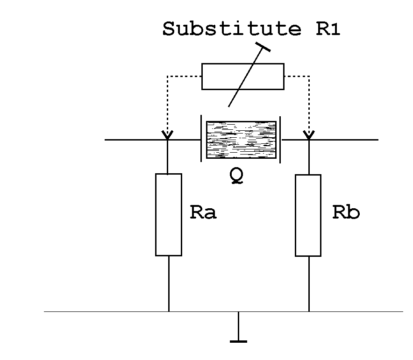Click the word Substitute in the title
(232, 29)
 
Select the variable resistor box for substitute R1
(242, 76)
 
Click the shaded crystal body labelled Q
(241, 139)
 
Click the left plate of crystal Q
(201, 139)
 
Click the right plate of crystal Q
(280, 139)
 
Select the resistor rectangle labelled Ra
(169, 214)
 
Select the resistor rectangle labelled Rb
(308, 215)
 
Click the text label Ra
(203, 212)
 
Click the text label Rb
(346, 212)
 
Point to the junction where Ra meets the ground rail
(169, 311)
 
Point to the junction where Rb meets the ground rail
(308, 311)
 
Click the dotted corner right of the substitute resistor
(309, 76)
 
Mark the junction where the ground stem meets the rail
(239, 311)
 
